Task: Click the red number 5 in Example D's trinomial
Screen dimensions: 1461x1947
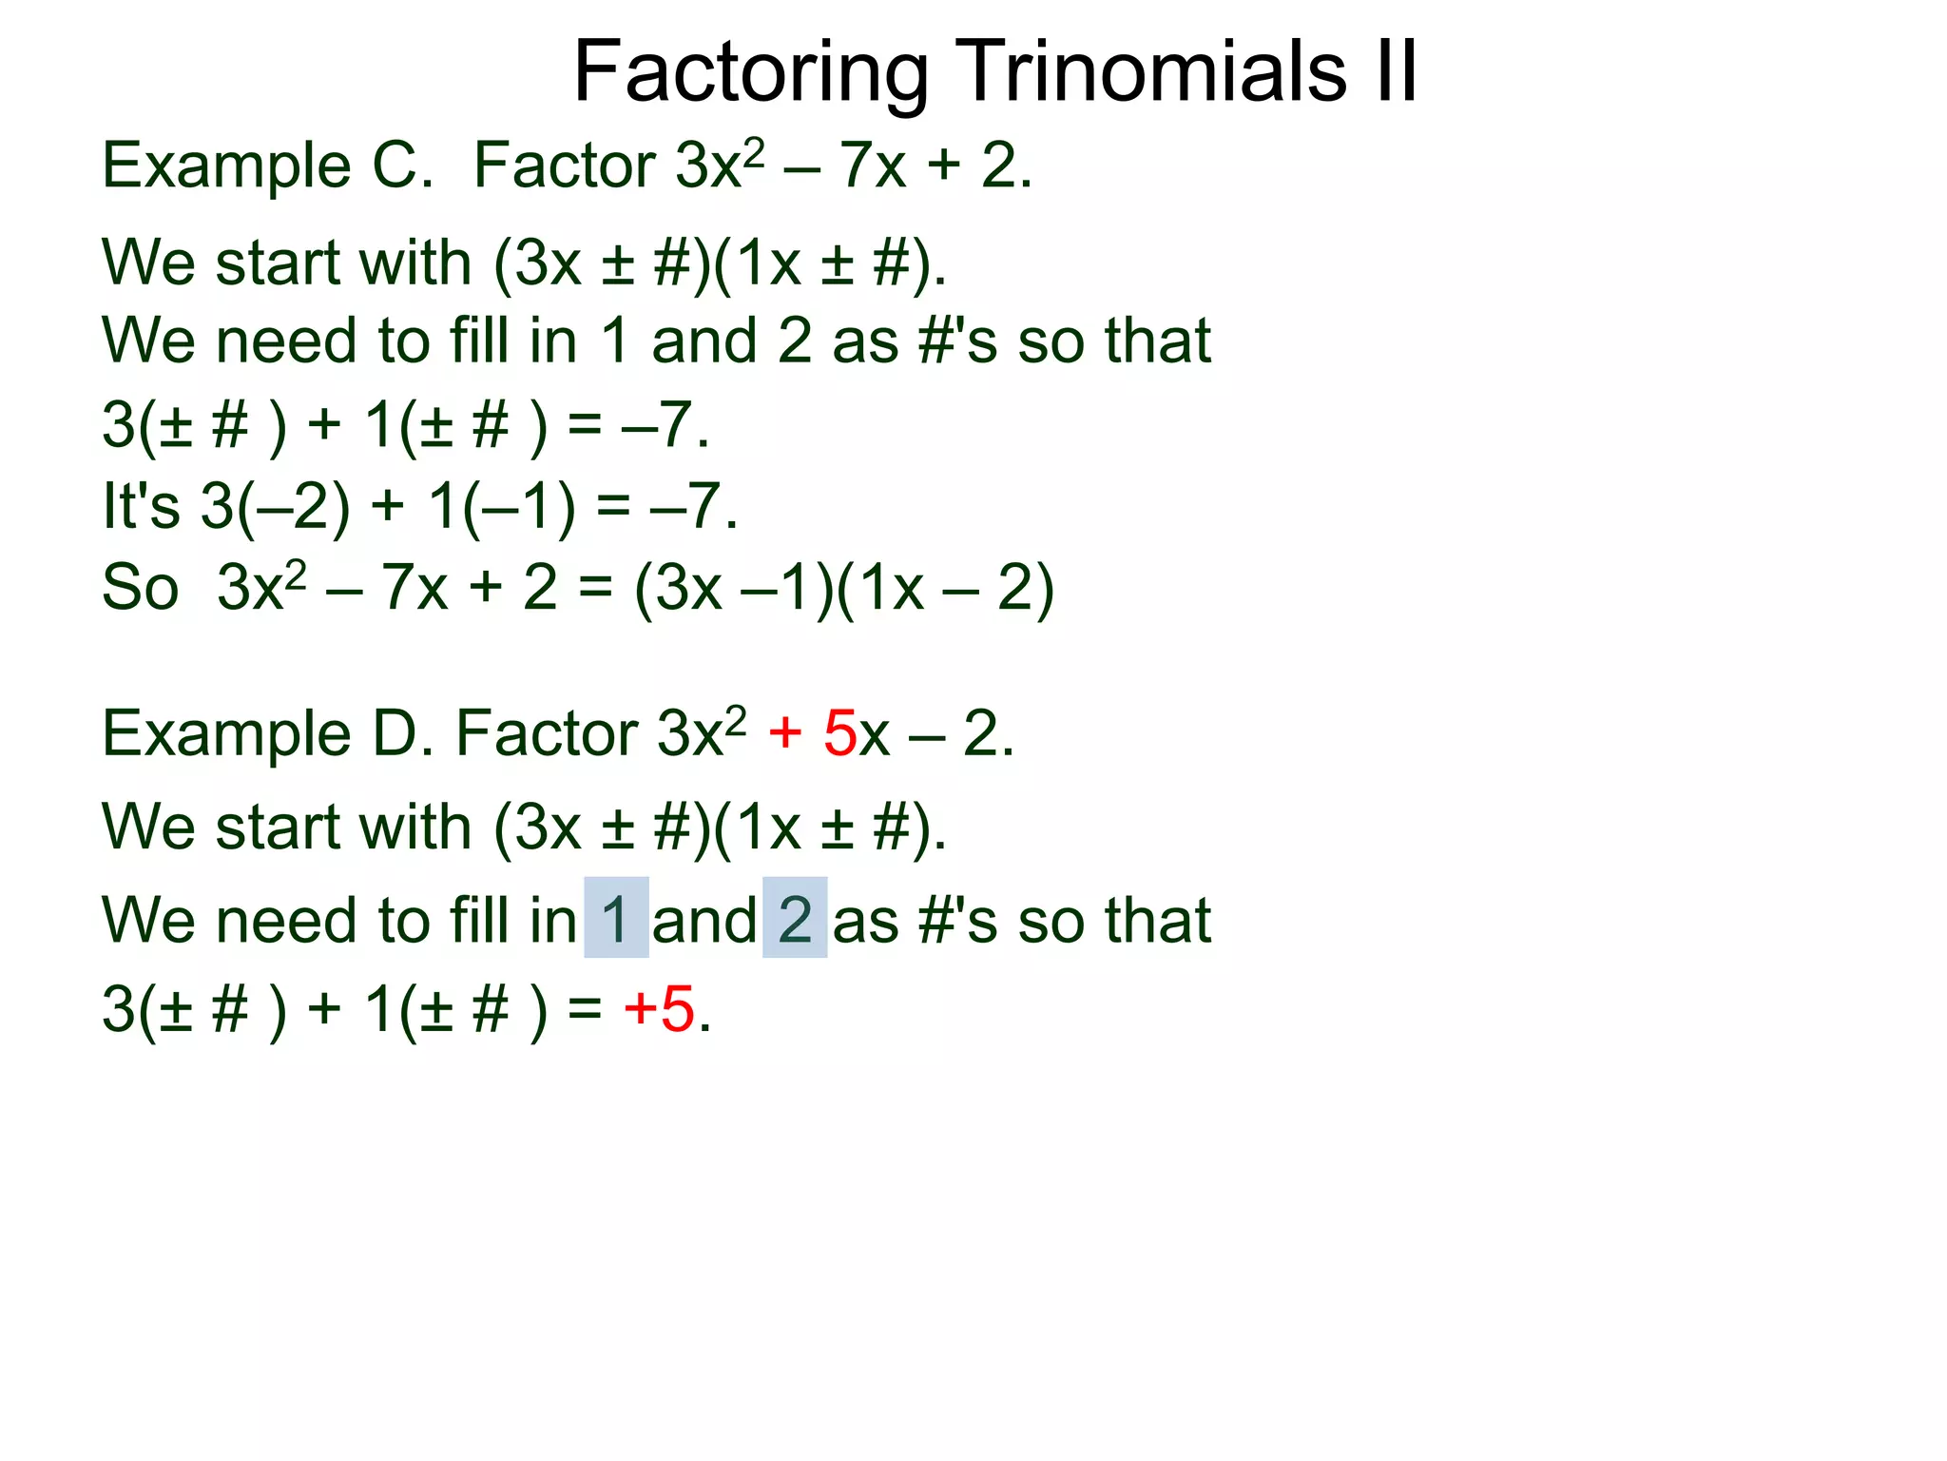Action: [839, 733]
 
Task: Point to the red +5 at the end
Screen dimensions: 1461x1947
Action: [660, 1009]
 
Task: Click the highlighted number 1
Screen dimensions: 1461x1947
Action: [615, 919]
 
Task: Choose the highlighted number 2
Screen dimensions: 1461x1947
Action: [795, 919]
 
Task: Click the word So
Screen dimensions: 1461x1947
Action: [140, 587]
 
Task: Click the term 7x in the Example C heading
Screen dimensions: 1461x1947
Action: [872, 166]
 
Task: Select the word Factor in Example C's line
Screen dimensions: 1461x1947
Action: [565, 166]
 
